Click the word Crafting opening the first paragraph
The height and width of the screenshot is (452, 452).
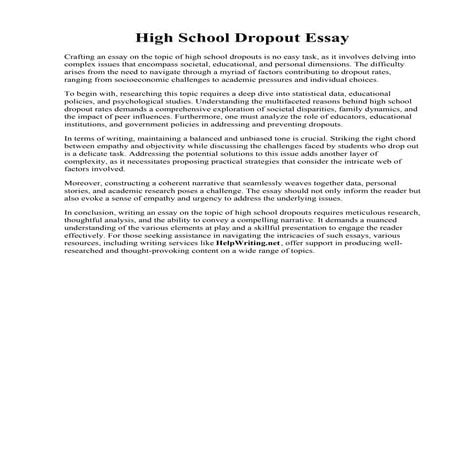(x=78, y=61)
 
